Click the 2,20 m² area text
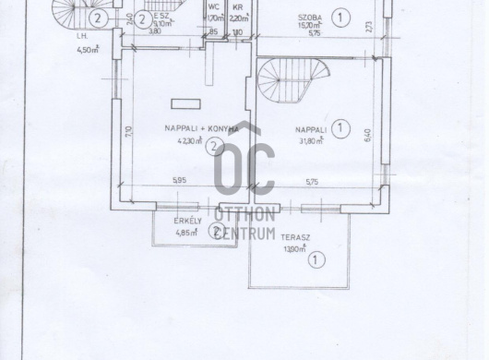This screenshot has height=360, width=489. [x=238, y=18]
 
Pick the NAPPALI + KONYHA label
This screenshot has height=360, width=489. [x=197, y=130]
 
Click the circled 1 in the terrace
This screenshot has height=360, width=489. [x=316, y=261]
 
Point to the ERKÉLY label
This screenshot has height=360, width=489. [x=188, y=222]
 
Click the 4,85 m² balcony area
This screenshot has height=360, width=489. [x=187, y=233]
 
